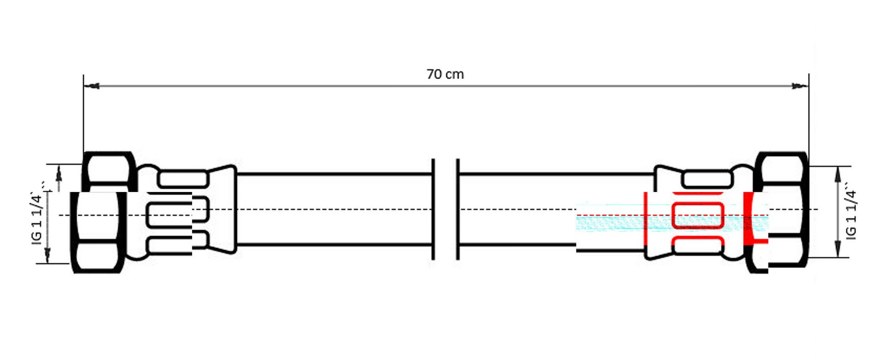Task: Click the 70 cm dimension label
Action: click(445, 74)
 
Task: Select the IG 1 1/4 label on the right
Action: click(852, 214)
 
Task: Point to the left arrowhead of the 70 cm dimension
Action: click(92, 86)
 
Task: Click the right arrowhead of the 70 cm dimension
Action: click(800, 86)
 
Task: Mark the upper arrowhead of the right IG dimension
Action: click(838, 174)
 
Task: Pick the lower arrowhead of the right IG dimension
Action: click(838, 250)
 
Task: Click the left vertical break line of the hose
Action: click(433, 209)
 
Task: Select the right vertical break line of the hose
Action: click(458, 209)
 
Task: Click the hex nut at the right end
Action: click(782, 209)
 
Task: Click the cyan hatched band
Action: click(672, 223)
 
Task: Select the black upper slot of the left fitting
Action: click(183, 179)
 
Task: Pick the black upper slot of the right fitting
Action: click(708, 179)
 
